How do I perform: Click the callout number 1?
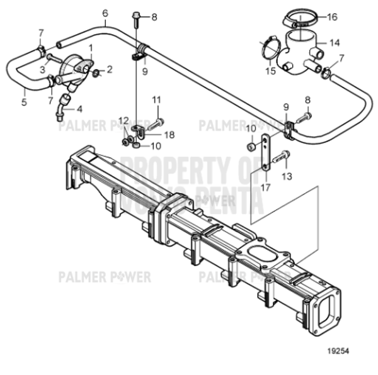tap(91, 48)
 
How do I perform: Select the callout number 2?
tap(109, 69)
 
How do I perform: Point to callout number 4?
tap(79, 108)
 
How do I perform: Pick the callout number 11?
tap(156, 99)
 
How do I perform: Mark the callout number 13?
tap(287, 177)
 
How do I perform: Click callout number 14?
tap(335, 43)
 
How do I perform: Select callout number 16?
tap(331, 17)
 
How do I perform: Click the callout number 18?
tap(169, 135)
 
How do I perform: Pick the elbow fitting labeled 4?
tap(63, 106)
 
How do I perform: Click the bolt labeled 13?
tap(282, 154)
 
